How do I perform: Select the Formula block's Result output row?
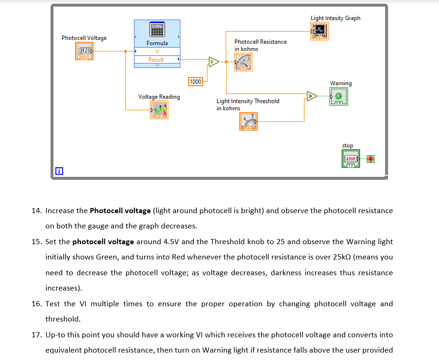(x=156, y=59)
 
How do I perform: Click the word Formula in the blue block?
(x=157, y=43)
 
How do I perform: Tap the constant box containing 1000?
(x=196, y=82)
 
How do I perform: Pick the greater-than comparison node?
(x=312, y=96)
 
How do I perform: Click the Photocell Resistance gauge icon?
(x=243, y=62)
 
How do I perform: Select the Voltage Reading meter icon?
(x=159, y=110)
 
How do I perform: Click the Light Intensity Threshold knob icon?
(x=248, y=121)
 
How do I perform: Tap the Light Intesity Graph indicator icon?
(x=319, y=31)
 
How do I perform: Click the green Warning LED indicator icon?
(x=338, y=96)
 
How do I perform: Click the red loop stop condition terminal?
(x=370, y=159)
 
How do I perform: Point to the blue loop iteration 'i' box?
(x=58, y=171)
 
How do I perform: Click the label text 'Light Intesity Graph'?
(x=335, y=18)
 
